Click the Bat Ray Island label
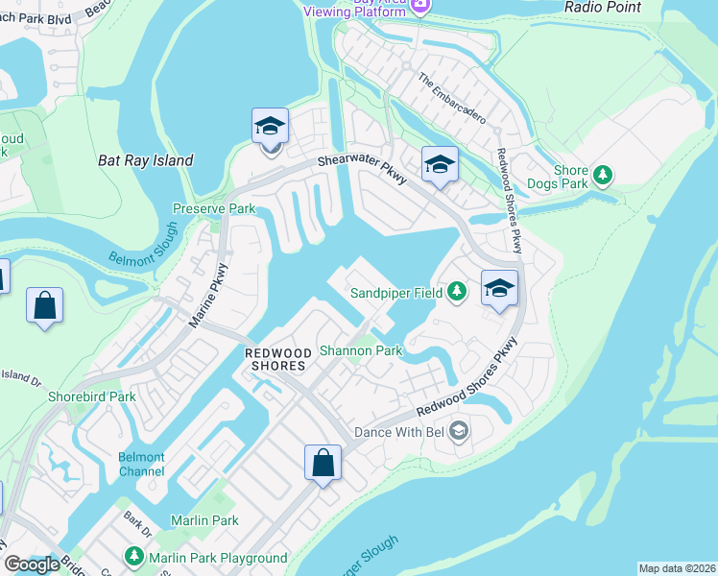point(146,160)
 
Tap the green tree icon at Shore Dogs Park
point(603,175)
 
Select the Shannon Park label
point(360,350)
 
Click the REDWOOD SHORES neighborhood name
point(275,359)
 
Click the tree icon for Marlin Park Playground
point(134,557)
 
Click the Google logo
point(32,564)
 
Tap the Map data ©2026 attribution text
point(676,568)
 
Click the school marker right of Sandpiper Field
point(499,288)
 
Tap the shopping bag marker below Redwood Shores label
point(323,463)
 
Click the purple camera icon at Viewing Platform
point(419,6)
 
